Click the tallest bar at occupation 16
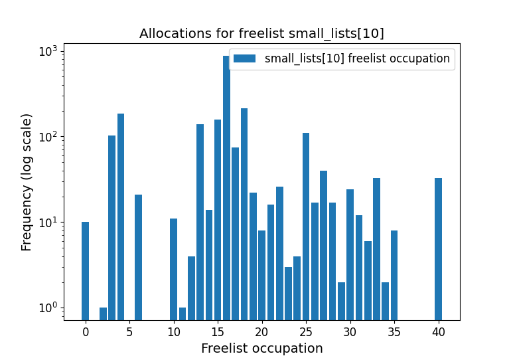226,186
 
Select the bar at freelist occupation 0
85,270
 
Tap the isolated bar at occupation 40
438,248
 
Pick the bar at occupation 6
138,257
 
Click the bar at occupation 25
306,226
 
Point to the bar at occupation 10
173,269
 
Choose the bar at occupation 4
121,217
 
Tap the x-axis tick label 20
261,331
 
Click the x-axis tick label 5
129,331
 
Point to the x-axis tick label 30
350,331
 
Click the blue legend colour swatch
244,58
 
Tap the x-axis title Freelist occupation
261,348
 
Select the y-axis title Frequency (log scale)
27,182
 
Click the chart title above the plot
261,33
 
